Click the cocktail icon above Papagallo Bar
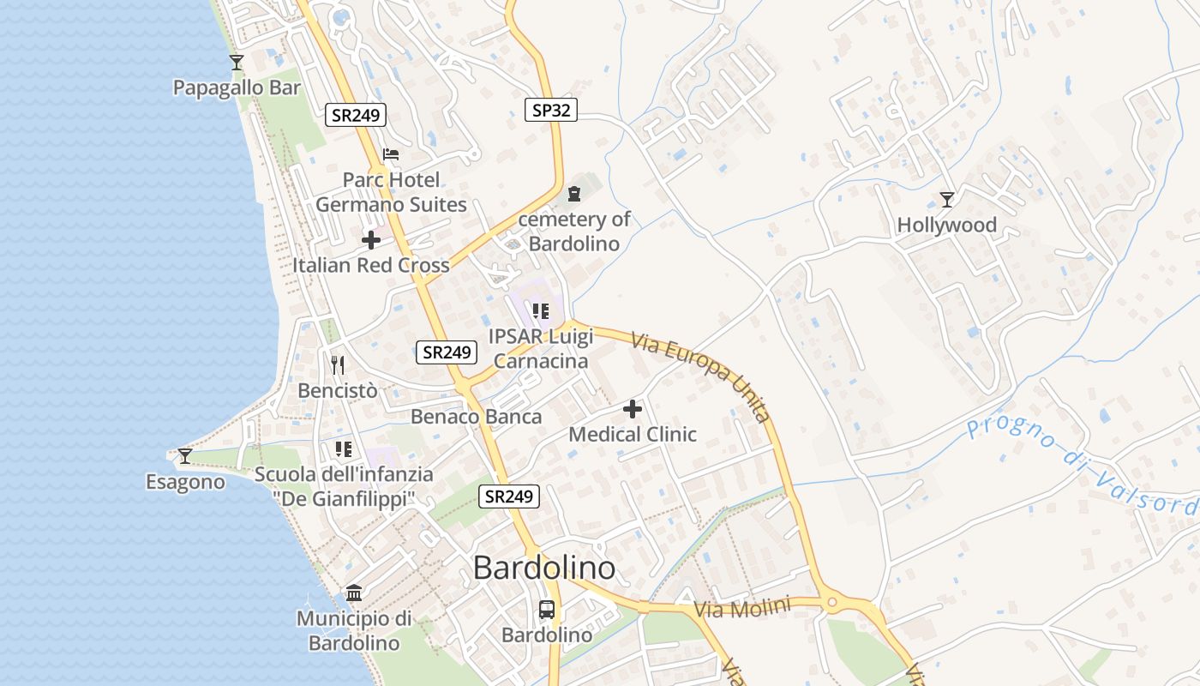click(x=237, y=63)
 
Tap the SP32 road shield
click(x=550, y=109)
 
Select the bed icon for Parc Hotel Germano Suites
click(x=391, y=154)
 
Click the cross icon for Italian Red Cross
click(x=371, y=240)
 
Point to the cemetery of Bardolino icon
click(x=573, y=194)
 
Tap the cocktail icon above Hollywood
click(x=947, y=200)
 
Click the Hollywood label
click(x=946, y=226)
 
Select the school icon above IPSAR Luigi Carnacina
click(x=539, y=310)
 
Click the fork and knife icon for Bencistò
click(x=338, y=365)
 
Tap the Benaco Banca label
click(x=477, y=417)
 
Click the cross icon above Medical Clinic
click(x=633, y=409)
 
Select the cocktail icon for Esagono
click(x=185, y=456)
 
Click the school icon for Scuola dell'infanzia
click(x=344, y=448)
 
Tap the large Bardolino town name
click(x=544, y=568)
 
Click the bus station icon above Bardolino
click(x=547, y=610)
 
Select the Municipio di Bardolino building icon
click(x=354, y=593)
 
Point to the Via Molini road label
click(x=741, y=608)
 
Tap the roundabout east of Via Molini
click(x=831, y=604)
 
